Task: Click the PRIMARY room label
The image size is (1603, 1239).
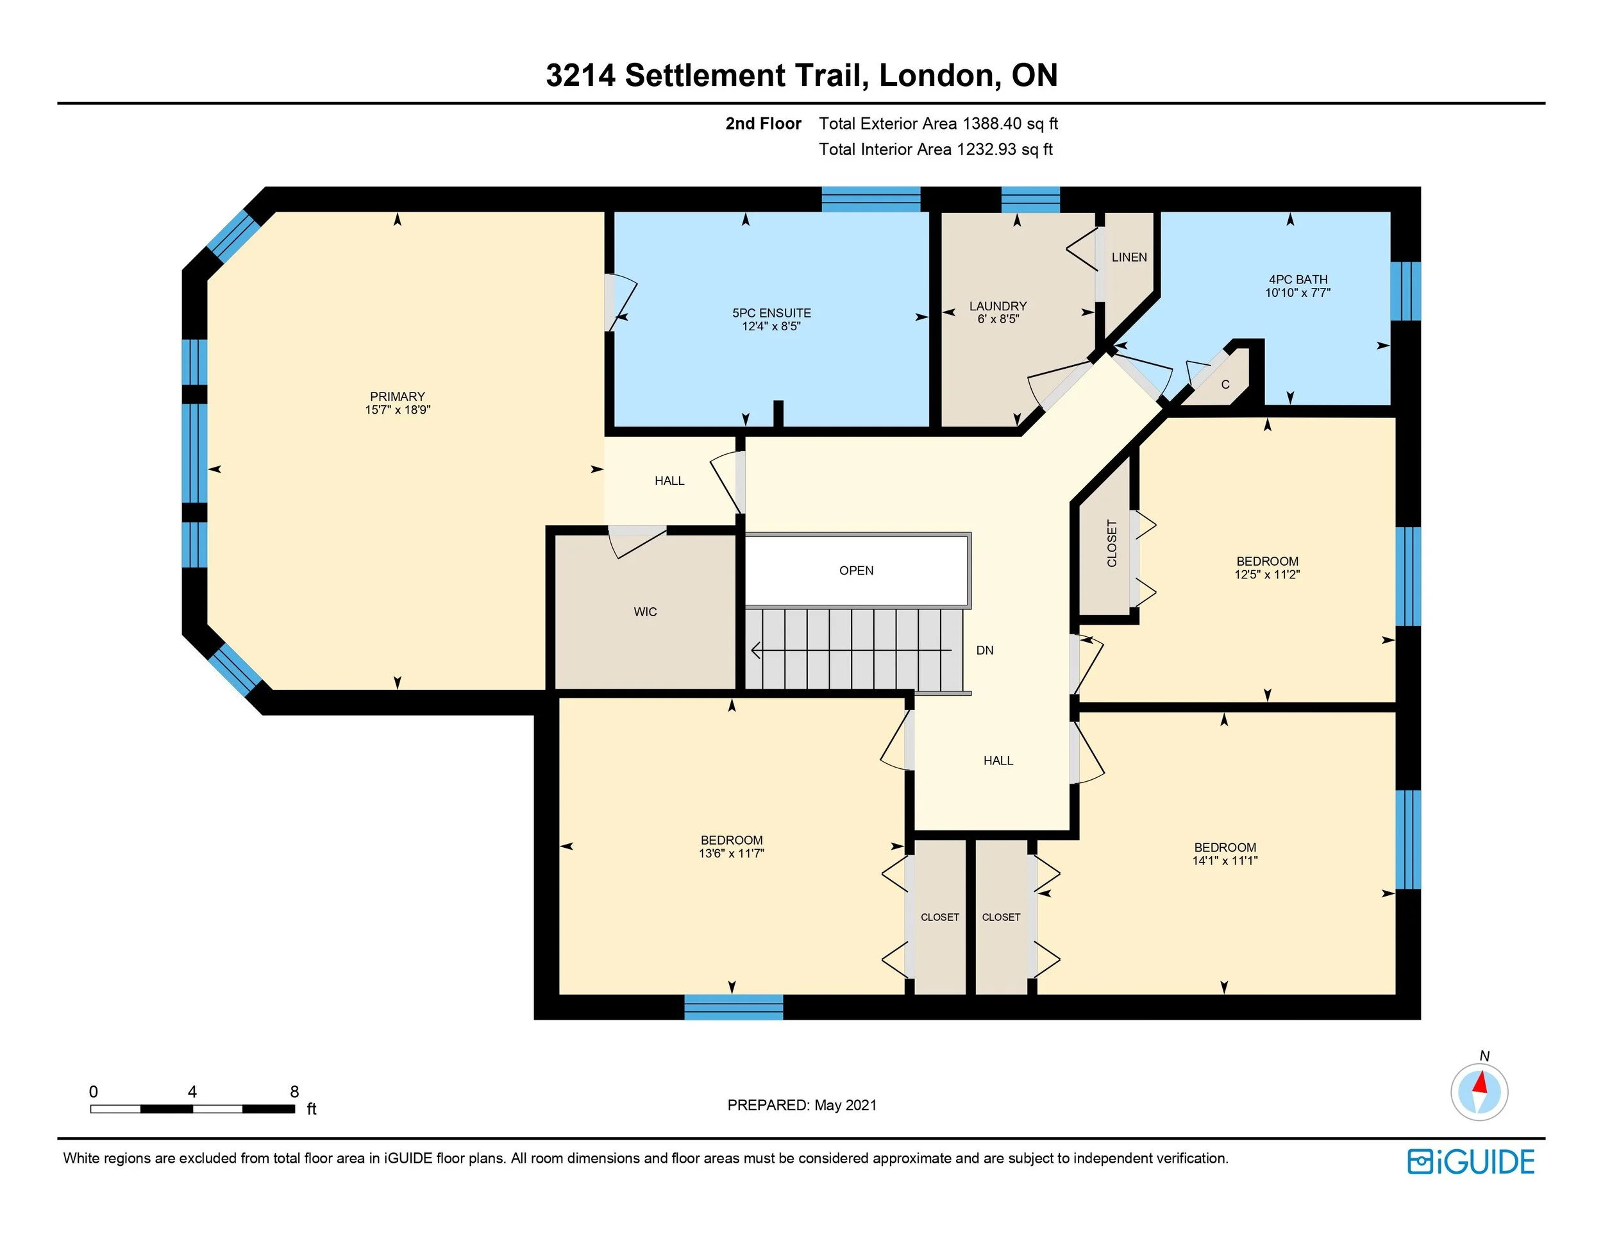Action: (x=397, y=396)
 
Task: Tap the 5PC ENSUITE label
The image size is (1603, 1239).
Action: (x=771, y=313)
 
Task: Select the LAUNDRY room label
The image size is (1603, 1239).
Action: (x=998, y=306)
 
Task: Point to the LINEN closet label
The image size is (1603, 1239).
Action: (x=1129, y=257)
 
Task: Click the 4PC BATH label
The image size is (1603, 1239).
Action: (x=1298, y=280)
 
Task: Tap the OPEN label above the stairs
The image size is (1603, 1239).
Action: (x=856, y=570)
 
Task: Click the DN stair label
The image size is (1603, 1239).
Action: (x=984, y=650)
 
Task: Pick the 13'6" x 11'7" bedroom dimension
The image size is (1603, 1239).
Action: (x=731, y=854)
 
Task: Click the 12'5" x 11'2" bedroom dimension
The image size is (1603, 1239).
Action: (x=1267, y=575)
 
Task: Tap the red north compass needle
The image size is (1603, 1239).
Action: (x=1481, y=1083)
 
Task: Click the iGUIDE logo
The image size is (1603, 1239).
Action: (x=1471, y=1162)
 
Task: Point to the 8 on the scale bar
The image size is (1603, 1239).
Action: (x=294, y=1091)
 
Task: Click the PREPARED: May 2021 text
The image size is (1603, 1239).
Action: (x=801, y=1106)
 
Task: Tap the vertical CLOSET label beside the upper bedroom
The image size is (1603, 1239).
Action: (x=1112, y=543)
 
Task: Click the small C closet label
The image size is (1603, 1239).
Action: (x=1225, y=385)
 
